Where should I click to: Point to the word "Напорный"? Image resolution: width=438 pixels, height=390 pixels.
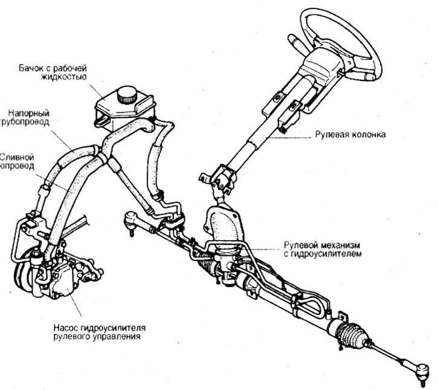click(28, 112)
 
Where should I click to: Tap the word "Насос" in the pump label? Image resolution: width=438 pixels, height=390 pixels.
click(60, 327)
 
